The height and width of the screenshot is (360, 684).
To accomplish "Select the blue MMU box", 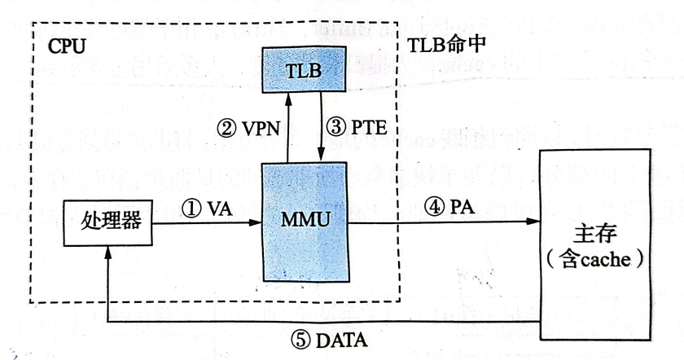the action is tap(303, 222).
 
